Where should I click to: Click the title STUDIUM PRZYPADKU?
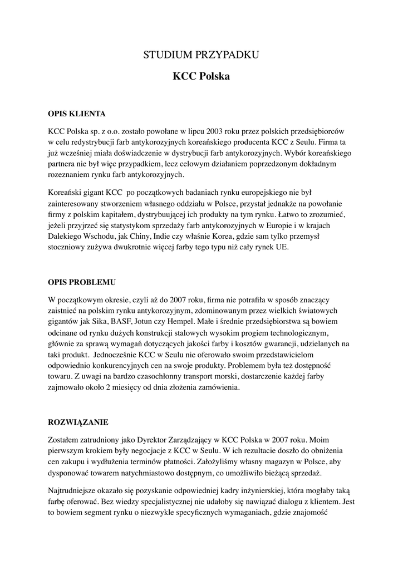click(x=201, y=55)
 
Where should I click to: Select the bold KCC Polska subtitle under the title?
click(x=201, y=76)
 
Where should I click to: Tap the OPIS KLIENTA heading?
click(x=77, y=114)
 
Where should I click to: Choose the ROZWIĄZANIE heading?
click(x=78, y=422)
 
